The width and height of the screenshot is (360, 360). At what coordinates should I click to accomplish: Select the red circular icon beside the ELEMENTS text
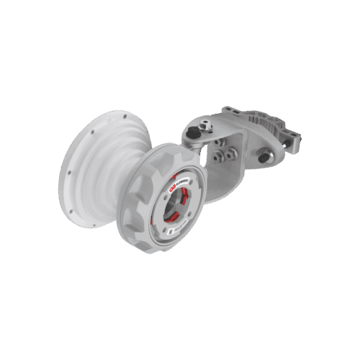tap(171, 189)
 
